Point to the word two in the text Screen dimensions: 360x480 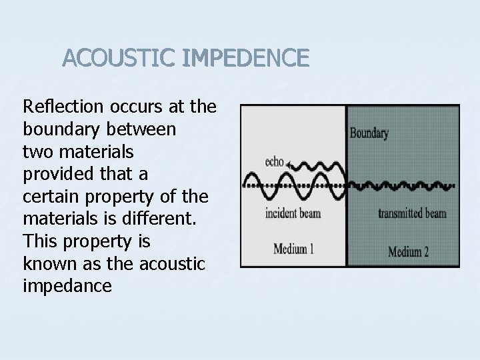[x=36, y=151]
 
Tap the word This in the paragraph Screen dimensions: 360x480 [x=38, y=241]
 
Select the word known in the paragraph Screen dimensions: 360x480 [x=45, y=263]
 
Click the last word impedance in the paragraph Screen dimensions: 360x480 [x=67, y=286]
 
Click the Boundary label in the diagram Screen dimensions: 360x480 [x=369, y=133]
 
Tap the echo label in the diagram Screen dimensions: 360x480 [x=273, y=161]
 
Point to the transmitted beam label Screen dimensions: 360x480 [x=411, y=214]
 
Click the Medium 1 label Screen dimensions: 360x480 [x=295, y=249]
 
